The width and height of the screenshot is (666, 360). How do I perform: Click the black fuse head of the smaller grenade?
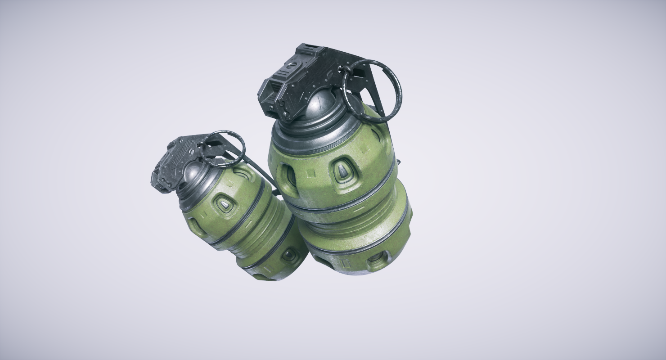pos(178,157)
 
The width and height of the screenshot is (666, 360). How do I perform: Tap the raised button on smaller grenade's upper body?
pos(224,205)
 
